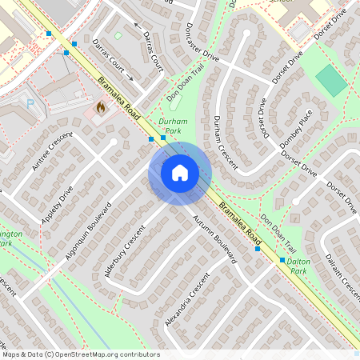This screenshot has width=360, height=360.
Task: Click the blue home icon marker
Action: click(x=180, y=173)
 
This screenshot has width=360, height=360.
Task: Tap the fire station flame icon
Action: click(x=101, y=106)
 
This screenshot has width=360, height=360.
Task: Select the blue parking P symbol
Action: click(x=30, y=103)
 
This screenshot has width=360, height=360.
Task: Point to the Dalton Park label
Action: click(x=298, y=266)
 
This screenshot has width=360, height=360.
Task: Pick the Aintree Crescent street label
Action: click(x=48, y=151)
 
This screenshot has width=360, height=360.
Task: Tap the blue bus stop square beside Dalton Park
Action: click(x=282, y=261)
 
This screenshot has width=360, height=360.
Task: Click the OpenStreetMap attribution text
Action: click(x=80, y=354)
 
